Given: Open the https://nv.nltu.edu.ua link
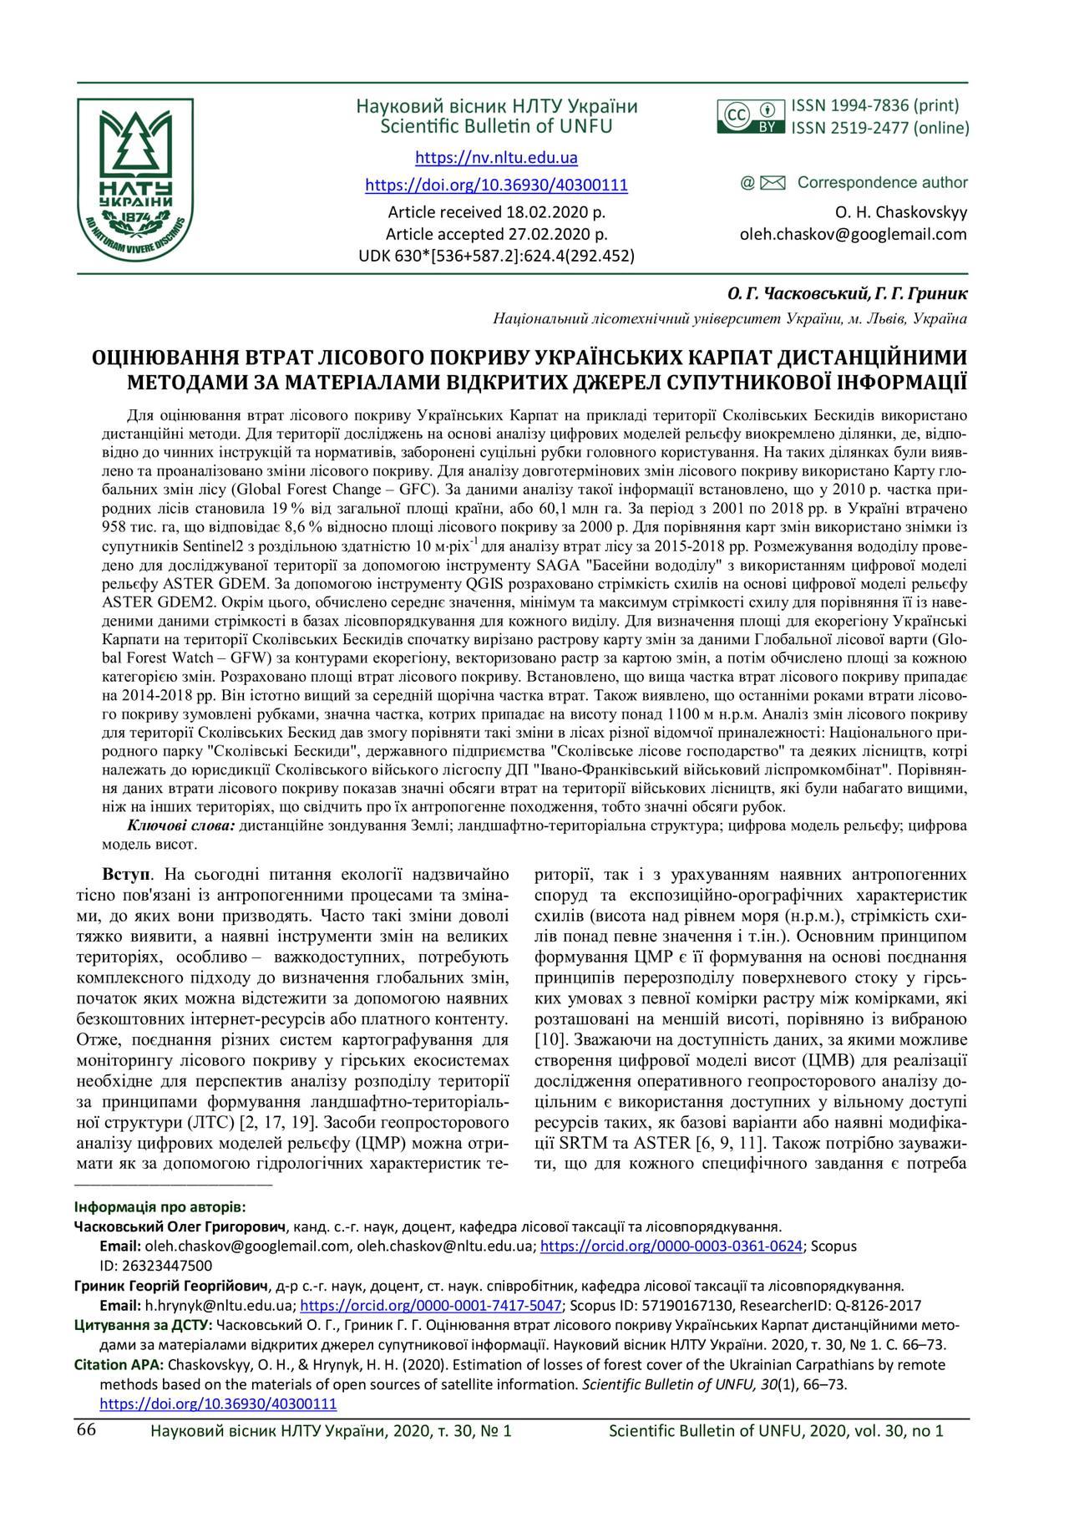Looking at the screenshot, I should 496,158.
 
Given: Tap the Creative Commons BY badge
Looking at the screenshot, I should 751,117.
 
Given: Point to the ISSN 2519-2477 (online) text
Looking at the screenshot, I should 880,129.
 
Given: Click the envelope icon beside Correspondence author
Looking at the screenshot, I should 773,183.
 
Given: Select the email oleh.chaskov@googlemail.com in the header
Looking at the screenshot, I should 853,235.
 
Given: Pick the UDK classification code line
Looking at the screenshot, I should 496,256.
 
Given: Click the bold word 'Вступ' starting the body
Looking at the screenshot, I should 128,875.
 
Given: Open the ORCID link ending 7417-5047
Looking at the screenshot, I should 430,1305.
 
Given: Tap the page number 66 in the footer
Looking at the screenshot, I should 87,1429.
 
